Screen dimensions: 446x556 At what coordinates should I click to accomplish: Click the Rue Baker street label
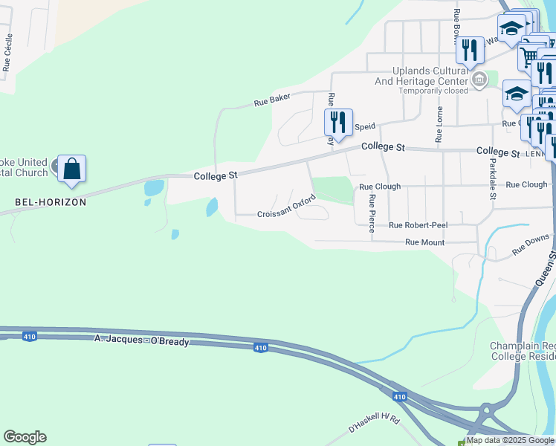pos(272,101)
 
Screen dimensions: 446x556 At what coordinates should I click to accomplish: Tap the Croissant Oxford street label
pos(287,207)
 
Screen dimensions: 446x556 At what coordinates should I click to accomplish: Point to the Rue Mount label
pos(424,242)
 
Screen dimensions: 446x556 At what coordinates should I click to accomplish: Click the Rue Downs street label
pos(531,245)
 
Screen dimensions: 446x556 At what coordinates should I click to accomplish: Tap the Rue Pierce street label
pos(372,213)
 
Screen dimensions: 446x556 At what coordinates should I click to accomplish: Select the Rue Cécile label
pos(7,52)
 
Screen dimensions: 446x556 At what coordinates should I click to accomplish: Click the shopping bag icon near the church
pos(72,169)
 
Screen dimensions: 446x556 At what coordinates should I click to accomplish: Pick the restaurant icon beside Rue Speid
pos(338,123)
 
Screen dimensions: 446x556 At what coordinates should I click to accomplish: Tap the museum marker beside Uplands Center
pos(479,79)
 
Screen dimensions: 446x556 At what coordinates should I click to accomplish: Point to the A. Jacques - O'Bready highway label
pos(142,340)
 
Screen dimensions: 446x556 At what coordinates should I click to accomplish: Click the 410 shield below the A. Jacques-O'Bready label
pos(260,348)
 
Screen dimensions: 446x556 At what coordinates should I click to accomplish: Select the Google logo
pos(25,437)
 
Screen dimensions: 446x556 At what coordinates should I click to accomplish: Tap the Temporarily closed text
pos(433,91)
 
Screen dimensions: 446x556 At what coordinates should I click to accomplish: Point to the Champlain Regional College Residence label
pos(523,352)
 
